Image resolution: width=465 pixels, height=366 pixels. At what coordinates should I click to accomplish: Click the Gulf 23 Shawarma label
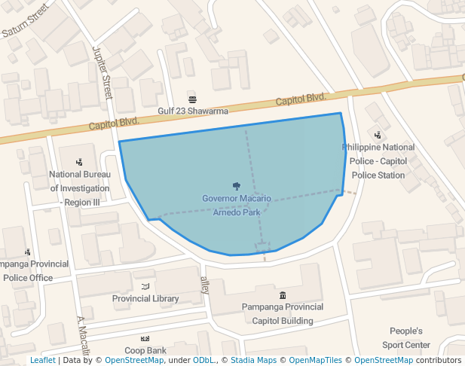point(192,111)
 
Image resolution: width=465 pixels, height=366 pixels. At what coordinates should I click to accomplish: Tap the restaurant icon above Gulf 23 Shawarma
point(192,99)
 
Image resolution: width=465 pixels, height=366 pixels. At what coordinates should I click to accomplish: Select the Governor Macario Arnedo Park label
point(237,205)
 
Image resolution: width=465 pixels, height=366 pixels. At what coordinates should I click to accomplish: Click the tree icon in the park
point(237,186)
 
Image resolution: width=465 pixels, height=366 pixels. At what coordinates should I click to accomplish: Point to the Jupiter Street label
point(102,72)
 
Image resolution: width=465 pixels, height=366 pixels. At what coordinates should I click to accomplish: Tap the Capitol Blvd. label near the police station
point(301,99)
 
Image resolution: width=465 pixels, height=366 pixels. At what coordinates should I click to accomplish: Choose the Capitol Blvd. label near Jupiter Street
point(114,125)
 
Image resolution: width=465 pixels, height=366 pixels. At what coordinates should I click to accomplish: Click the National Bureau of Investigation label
point(80,188)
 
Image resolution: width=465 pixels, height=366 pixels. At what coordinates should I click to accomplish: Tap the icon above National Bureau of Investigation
point(79,162)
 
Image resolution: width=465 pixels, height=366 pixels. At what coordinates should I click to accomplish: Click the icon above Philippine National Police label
point(378,135)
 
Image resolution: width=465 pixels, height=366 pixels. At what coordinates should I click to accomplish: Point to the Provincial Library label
point(145,298)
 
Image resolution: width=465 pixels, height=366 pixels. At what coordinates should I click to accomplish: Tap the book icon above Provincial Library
point(145,286)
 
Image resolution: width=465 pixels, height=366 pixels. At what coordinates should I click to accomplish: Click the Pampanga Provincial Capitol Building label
point(283,313)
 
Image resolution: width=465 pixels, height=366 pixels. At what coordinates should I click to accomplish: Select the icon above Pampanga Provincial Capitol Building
point(283,294)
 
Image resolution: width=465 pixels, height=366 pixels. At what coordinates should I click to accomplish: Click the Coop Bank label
point(145,350)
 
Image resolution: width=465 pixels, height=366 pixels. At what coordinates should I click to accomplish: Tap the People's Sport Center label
point(405,338)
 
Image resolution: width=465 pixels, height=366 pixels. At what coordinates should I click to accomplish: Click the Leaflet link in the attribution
point(42,361)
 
